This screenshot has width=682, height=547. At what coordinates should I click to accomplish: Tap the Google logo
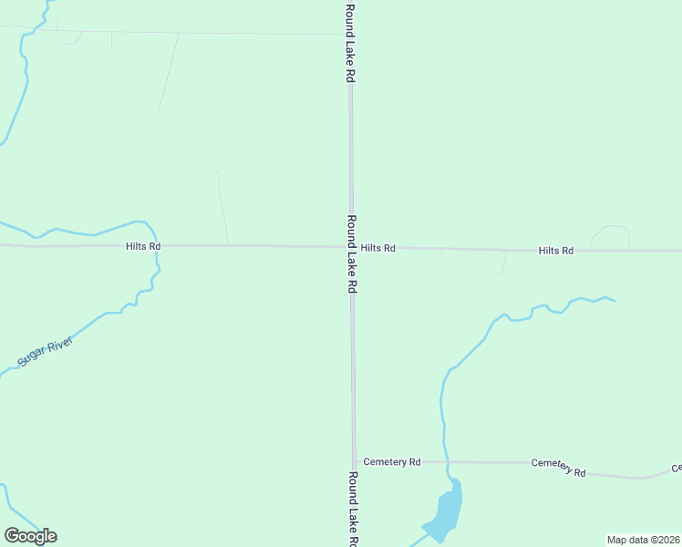click(x=30, y=536)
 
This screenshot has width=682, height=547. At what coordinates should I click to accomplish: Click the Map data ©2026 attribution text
click(x=643, y=540)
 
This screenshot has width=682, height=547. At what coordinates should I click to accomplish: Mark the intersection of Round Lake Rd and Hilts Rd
click(x=351, y=246)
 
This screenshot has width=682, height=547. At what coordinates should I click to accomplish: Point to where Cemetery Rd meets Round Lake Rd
click(x=355, y=462)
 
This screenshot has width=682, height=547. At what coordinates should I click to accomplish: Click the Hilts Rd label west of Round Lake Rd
click(x=143, y=246)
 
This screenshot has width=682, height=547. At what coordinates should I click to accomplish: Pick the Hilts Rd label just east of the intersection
click(x=377, y=248)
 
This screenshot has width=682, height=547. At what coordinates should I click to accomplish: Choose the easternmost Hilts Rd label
click(x=555, y=250)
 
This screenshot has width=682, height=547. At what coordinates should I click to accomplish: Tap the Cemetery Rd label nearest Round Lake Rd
click(x=391, y=462)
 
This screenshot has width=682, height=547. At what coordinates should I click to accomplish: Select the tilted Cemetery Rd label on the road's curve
click(x=558, y=468)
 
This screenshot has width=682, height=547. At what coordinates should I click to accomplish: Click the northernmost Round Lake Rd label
click(x=349, y=44)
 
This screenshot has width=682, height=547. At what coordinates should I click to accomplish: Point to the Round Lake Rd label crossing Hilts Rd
click(x=351, y=253)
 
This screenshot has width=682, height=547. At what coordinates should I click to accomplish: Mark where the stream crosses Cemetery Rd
click(x=448, y=462)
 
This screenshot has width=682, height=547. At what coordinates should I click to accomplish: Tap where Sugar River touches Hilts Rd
click(x=157, y=246)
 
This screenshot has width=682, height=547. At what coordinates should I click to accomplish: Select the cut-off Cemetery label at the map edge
click(x=677, y=469)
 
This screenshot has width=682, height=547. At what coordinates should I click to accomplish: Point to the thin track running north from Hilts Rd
click(x=222, y=208)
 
